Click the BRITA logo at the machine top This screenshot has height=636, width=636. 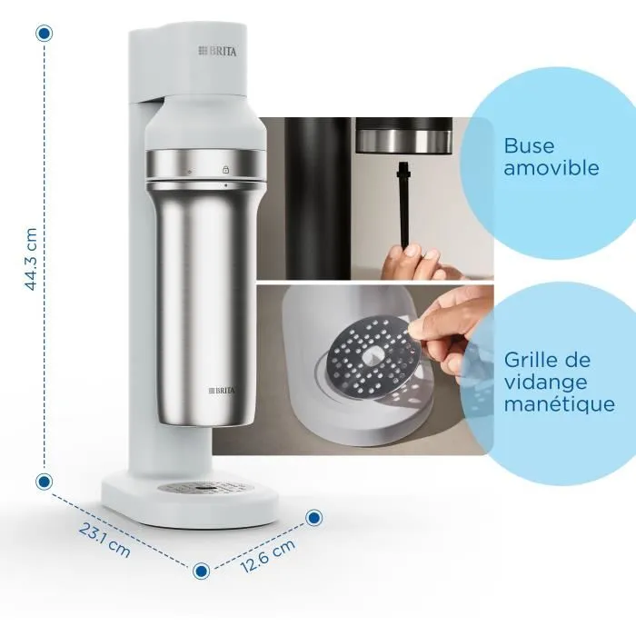(x=217, y=52)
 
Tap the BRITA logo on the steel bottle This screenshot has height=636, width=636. (x=223, y=390)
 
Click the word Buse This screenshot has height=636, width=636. (x=529, y=145)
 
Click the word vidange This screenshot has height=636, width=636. (x=545, y=383)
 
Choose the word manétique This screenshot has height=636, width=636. (x=560, y=404)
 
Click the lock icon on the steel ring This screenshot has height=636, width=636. (x=224, y=169)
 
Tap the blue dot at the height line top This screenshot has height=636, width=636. (x=44, y=33)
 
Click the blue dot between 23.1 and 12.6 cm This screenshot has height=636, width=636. (x=202, y=570)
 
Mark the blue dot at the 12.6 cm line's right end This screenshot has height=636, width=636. (x=314, y=518)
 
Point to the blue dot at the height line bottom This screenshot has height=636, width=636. (x=44, y=482)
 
